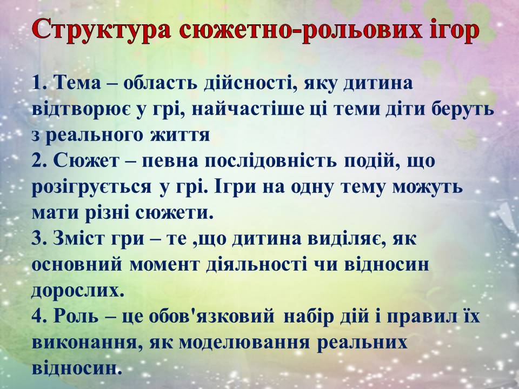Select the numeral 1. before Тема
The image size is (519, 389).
[40, 83]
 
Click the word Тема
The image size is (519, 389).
[77, 83]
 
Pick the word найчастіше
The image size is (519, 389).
[248, 109]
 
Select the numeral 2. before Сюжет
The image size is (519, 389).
[40, 161]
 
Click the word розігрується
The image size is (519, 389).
[91, 187]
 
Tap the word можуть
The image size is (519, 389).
[427, 187]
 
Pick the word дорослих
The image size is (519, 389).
[78, 291]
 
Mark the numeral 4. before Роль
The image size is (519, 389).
[40, 317]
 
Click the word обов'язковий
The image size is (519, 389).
[212, 317]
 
